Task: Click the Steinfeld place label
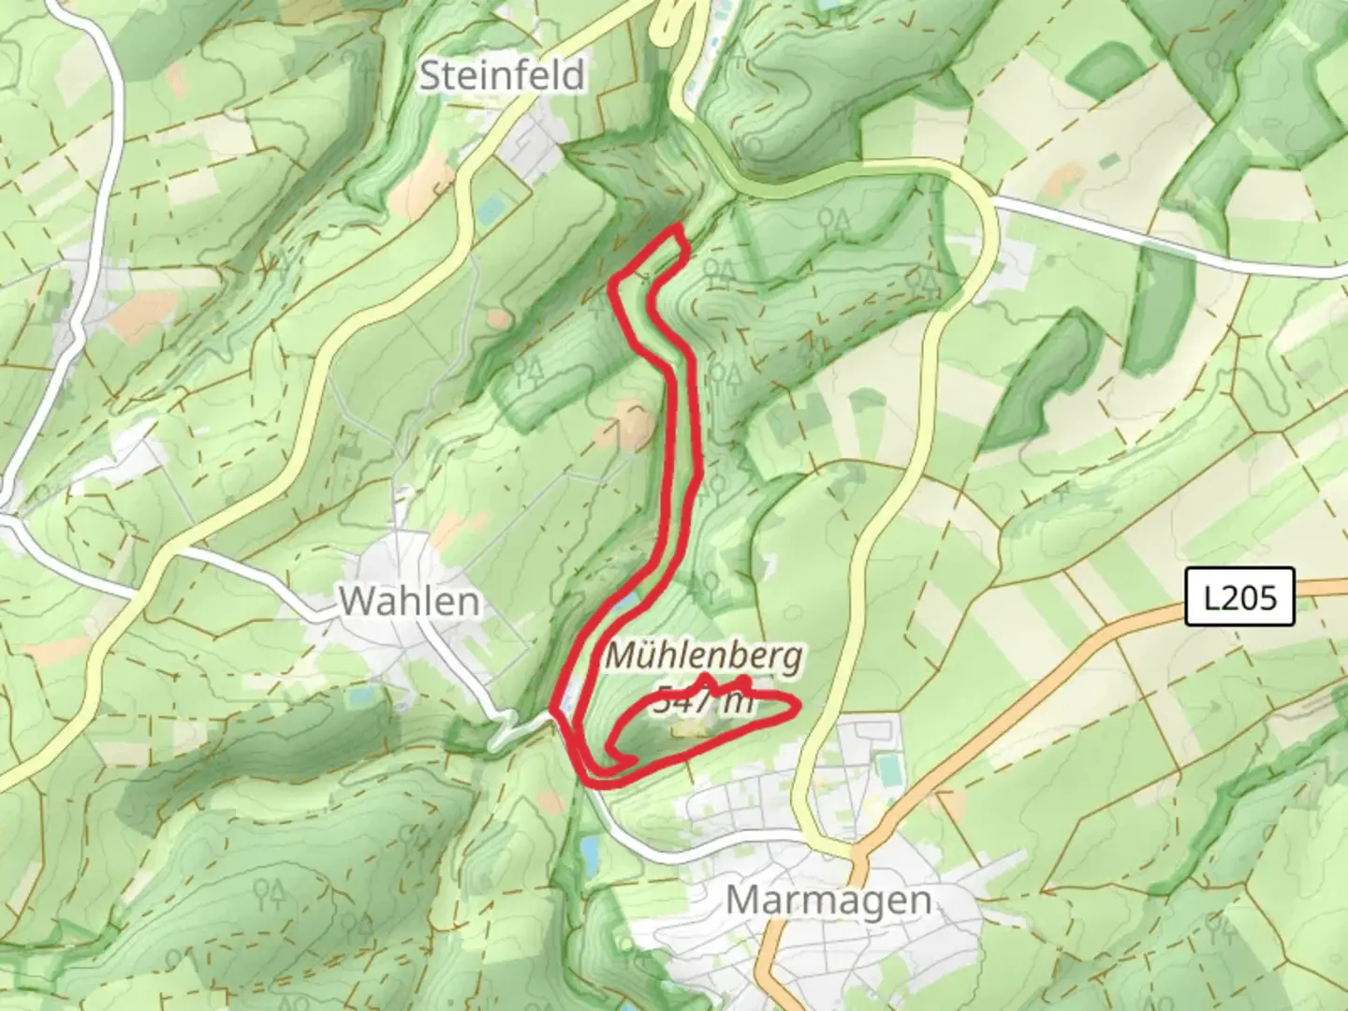(502, 76)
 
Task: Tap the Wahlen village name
(409, 601)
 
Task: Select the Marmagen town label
(828, 901)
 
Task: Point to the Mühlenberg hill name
(703, 656)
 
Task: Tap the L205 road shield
(1239, 596)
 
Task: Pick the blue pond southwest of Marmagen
(589, 853)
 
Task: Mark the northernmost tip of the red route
(676, 228)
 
